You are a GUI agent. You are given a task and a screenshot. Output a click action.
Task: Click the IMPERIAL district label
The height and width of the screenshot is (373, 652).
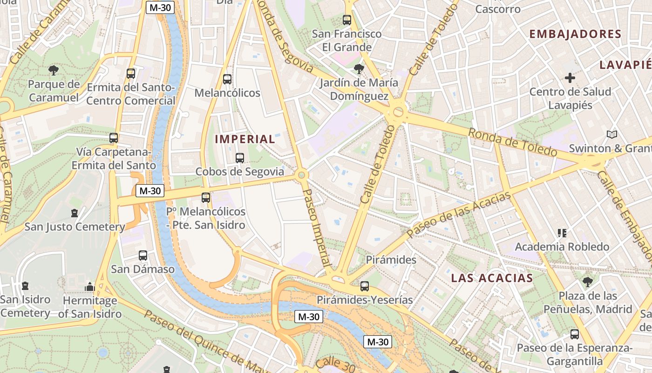pos(245,139)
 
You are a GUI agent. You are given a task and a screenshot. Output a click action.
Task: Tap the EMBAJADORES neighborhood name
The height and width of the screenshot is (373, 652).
pos(575,34)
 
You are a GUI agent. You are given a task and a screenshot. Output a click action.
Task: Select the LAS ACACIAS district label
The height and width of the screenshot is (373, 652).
pos(492,278)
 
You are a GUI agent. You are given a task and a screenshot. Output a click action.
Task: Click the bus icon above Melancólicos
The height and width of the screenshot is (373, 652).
pos(227,79)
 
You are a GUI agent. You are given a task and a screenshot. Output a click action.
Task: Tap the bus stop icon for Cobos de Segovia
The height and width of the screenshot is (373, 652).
pos(240,158)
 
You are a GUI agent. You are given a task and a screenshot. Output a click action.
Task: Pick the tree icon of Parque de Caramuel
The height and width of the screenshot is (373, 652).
pos(54,70)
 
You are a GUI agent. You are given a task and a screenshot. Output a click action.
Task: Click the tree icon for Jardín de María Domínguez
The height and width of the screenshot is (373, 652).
pos(359,69)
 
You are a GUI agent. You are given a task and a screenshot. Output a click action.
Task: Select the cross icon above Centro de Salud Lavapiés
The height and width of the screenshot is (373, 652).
pos(570,78)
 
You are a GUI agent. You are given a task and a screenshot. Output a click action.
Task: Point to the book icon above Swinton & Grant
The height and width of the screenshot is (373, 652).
pos(611,135)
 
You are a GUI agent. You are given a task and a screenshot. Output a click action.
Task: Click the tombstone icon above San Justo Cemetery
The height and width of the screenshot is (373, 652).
pos(75,213)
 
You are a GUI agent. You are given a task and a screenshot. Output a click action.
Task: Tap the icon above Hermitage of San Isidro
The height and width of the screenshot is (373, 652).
pos(90,286)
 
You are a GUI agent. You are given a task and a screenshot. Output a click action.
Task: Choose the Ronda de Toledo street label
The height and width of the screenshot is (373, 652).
pos(512,142)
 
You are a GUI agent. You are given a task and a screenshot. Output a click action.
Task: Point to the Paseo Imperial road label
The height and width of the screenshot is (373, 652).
pos(317,228)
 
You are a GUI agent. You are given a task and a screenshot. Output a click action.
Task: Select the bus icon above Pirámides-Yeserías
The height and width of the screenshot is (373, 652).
pos(364,286)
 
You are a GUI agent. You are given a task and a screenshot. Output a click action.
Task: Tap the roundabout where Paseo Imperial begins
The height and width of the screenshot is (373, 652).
pos(301,175)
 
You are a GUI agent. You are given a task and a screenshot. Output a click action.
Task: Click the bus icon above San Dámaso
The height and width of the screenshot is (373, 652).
pos(143,256)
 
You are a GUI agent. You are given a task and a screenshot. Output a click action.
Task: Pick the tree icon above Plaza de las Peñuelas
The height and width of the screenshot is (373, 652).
pos(588,282)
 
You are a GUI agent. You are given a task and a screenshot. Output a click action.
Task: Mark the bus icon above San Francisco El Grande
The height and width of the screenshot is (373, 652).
pos(347,20)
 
